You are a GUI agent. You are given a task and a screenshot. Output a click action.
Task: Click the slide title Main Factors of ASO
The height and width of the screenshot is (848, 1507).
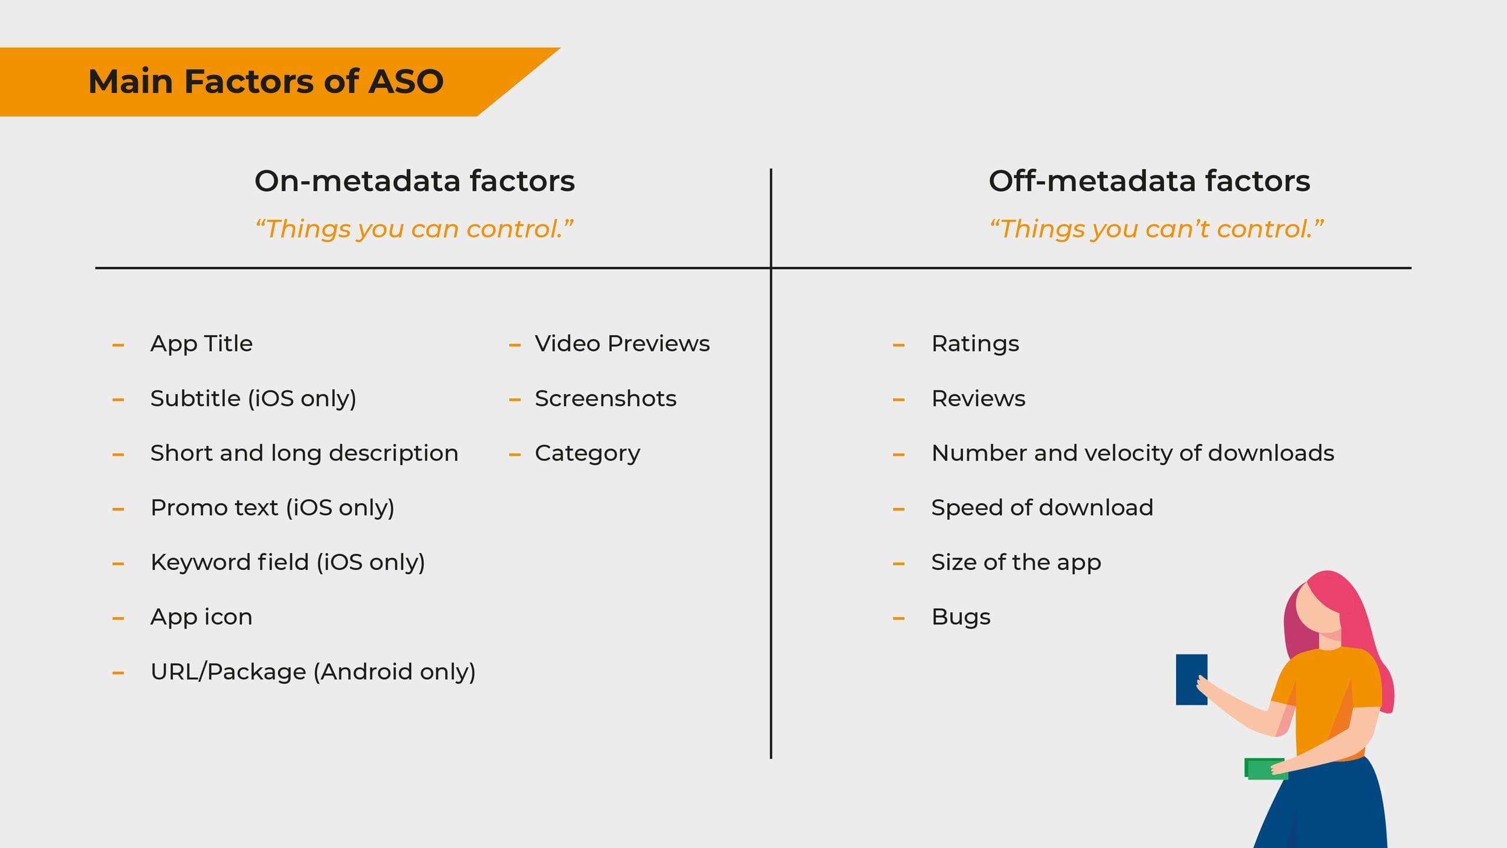(x=265, y=81)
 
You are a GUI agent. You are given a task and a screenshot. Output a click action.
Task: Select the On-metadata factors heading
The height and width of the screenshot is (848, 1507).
(x=414, y=181)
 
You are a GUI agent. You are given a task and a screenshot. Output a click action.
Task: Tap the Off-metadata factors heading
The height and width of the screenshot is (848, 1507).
(x=1149, y=181)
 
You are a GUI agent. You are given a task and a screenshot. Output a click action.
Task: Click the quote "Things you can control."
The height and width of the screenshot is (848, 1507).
(x=414, y=229)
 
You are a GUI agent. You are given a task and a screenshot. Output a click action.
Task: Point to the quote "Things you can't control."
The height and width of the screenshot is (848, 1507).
(x=1156, y=229)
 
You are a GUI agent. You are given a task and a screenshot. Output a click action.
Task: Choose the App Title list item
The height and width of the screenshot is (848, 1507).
(x=201, y=344)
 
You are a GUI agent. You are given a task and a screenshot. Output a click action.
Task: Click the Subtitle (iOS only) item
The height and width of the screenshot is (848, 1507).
(x=253, y=399)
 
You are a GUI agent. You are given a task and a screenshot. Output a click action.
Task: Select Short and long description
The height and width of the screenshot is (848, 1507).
(x=304, y=453)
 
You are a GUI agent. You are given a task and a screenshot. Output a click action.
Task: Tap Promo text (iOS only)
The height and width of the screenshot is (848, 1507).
(x=273, y=508)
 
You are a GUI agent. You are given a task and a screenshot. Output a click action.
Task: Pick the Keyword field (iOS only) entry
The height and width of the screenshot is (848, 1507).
(x=288, y=563)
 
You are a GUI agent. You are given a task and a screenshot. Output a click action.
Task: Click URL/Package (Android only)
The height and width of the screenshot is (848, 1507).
(x=313, y=672)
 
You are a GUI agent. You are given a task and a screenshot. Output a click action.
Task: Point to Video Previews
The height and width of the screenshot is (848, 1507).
(x=622, y=344)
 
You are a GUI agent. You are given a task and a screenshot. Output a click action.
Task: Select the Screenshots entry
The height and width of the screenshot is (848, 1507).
(x=606, y=399)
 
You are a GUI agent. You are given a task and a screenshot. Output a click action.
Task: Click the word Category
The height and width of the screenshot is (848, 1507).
(x=587, y=454)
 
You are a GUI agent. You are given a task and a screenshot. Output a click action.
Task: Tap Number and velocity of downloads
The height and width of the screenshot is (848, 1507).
(x=1133, y=453)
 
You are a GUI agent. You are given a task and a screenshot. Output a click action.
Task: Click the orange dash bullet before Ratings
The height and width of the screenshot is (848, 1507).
(x=898, y=345)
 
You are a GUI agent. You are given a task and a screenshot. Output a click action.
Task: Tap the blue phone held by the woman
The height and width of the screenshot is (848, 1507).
(x=1191, y=680)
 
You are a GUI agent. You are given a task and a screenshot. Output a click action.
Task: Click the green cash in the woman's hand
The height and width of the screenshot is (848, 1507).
(x=1265, y=769)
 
